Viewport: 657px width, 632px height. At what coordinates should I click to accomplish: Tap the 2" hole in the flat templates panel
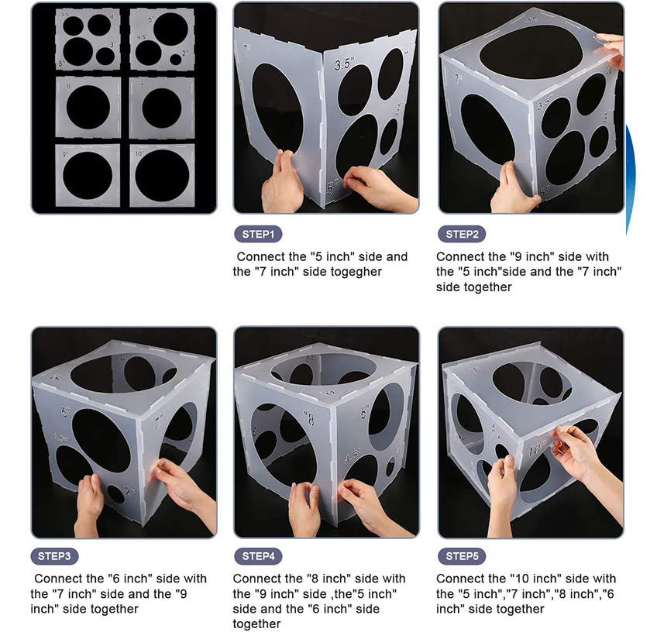pyautogui.click(x=177, y=58)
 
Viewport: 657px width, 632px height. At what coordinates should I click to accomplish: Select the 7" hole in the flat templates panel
pyautogui.click(x=161, y=107)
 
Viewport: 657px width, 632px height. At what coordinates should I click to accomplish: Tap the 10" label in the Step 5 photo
pyautogui.click(x=536, y=449)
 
